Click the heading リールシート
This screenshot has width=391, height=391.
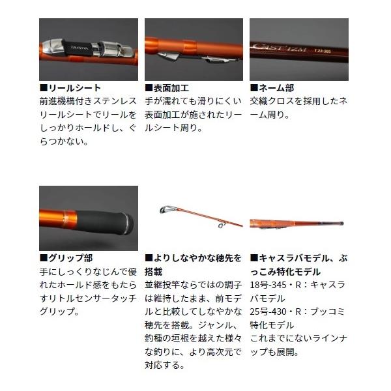(x=74, y=88)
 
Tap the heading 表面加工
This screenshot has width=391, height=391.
(x=171, y=88)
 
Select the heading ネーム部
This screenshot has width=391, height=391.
(x=276, y=88)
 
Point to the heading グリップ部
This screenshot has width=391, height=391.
(x=70, y=258)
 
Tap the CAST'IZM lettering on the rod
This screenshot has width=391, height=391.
(x=280, y=47)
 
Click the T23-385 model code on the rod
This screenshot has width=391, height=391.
(x=323, y=51)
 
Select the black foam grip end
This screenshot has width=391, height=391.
(x=105, y=222)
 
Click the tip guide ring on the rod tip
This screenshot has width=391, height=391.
(x=165, y=209)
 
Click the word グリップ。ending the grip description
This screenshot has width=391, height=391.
(x=59, y=311)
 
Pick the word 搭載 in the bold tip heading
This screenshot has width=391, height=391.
(x=154, y=272)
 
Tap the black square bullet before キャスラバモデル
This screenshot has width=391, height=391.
(x=254, y=258)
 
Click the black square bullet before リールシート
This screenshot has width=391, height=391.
(x=44, y=88)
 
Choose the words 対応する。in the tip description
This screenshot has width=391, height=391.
(x=165, y=366)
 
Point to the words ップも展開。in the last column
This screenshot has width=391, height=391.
(x=274, y=352)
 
